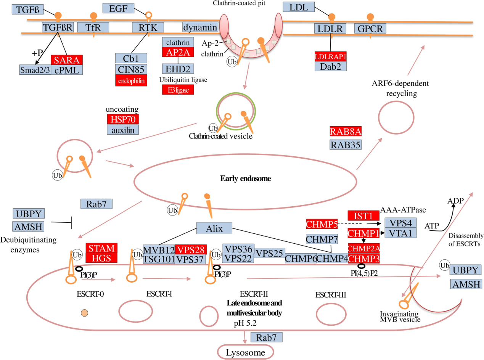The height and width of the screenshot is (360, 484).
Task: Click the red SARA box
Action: click(67, 60)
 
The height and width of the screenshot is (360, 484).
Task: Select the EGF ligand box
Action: click(119, 8)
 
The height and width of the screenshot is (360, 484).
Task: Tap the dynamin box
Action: click(200, 27)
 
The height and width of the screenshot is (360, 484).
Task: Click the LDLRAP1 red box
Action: click(331, 56)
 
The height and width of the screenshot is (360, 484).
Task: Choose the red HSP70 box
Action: click(122, 119)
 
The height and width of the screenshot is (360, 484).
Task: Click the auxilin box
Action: click(122, 129)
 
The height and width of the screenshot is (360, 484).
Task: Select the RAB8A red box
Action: click(346, 132)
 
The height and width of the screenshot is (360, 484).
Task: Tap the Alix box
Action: click(214, 228)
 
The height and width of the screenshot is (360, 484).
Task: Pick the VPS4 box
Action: click(400, 223)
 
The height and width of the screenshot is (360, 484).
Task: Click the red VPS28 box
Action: click(191, 249)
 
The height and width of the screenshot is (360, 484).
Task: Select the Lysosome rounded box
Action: click(246, 352)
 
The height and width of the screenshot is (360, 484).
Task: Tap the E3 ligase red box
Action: click(178, 90)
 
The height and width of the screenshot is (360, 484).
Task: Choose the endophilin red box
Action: click(131, 80)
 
